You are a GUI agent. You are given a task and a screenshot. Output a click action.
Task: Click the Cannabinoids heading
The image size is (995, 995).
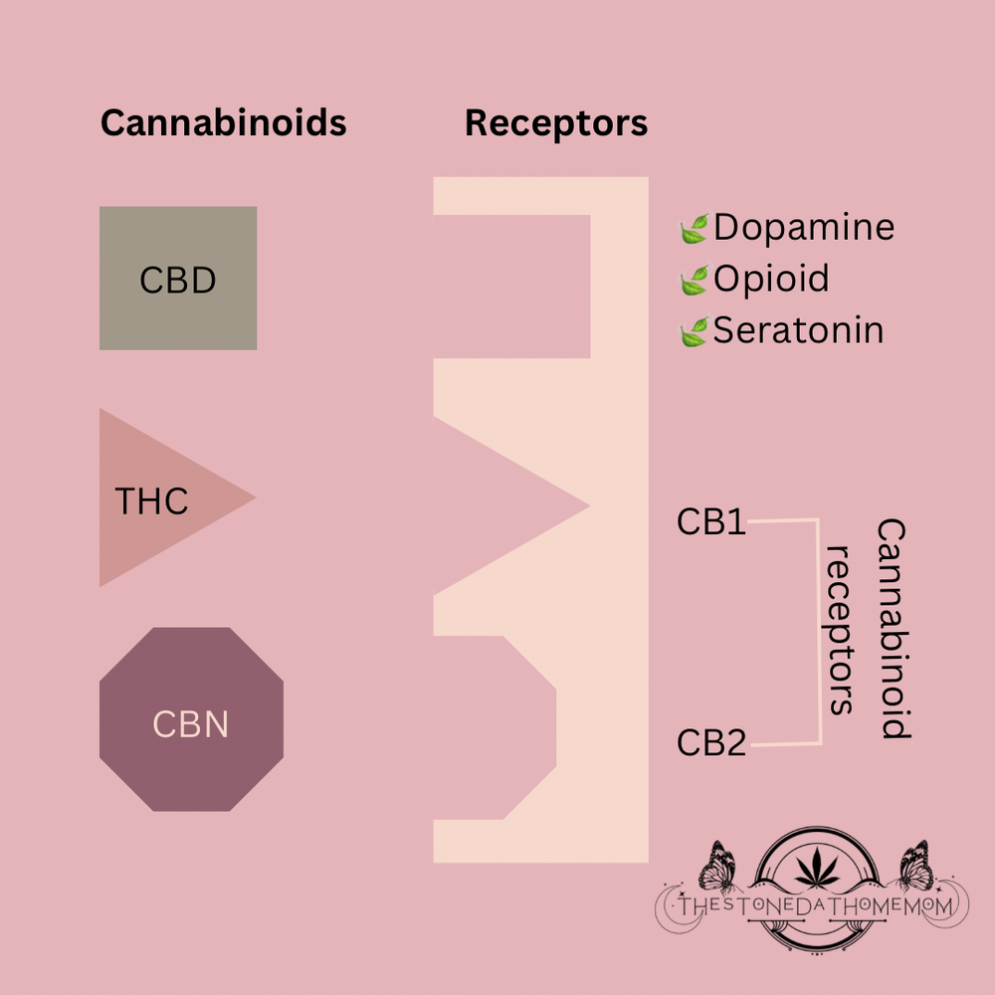click(x=223, y=123)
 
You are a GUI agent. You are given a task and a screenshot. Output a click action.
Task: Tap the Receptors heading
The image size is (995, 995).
click(x=555, y=123)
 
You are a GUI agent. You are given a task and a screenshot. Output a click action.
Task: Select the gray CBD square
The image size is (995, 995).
click(x=178, y=279)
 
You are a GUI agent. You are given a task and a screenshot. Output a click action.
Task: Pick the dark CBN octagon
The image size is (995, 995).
click(x=191, y=719)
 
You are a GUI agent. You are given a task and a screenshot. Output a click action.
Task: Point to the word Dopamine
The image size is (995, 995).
click(x=803, y=228)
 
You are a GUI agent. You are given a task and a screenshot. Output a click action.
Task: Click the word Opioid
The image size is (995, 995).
click(x=771, y=279)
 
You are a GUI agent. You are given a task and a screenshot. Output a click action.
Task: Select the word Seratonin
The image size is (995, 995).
click(x=798, y=330)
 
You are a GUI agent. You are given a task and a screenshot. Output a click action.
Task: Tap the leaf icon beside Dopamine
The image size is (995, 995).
click(x=693, y=230)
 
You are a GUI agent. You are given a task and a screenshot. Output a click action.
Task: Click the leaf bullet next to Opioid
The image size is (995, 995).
click(x=693, y=281)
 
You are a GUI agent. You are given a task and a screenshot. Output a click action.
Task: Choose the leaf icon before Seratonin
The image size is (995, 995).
click(x=693, y=332)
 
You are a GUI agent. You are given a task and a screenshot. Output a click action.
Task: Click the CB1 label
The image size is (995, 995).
click(x=711, y=521)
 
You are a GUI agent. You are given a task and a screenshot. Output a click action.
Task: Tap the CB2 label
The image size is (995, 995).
click(x=711, y=742)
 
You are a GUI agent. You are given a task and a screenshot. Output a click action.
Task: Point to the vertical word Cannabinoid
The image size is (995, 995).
click(x=895, y=629)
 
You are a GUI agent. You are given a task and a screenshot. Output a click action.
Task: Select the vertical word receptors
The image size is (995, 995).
click(x=842, y=629)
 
